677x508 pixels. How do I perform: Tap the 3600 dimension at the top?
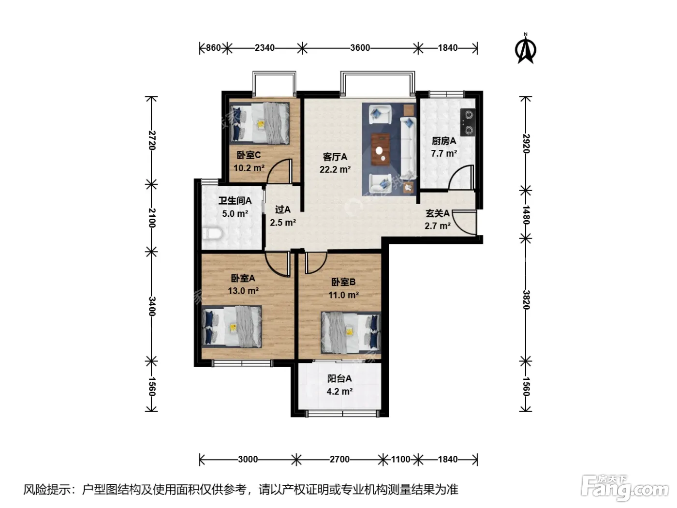pyautogui.click(x=360, y=48)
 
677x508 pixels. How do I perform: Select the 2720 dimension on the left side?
pyautogui.click(x=152, y=140)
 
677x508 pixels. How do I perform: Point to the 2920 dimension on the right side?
pyautogui.click(x=526, y=144)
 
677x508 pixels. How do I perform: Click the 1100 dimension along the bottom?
pyautogui.click(x=400, y=459)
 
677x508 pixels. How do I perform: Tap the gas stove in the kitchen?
pyautogui.click(x=468, y=122)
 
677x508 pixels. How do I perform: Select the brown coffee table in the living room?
pyautogui.click(x=380, y=149)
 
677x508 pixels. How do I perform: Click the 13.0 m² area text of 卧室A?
pyautogui.click(x=243, y=291)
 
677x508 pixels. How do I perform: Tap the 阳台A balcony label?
pyautogui.click(x=339, y=378)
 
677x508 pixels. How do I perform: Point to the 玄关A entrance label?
pyautogui.click(x=437, y=213)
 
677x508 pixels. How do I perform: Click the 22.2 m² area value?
pyautogui.click(x=335, y=169)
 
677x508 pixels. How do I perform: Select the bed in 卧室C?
pyautogui.click(x=259, y=123)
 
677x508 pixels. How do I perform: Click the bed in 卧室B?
pyautogui.click(x=351, y=333)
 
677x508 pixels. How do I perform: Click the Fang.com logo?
pyautogui.click(x=624, y=488)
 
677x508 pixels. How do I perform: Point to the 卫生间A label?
pyautogui.click(x=235, y=201)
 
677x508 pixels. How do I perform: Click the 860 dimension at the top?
pyautogui.click(x=213, y=48)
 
